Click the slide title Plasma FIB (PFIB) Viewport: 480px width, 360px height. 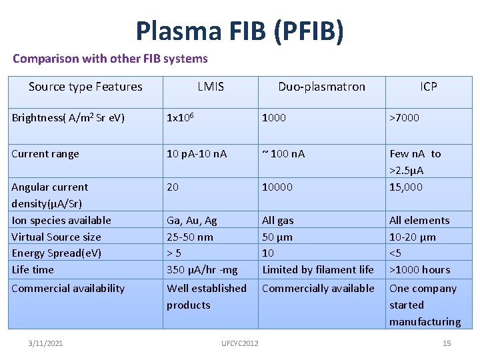coord(240,31)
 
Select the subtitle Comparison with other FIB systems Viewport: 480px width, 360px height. coord(110,59)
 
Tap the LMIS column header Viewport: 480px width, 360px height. coord(211,87)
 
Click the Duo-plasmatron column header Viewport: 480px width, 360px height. coord(321,87)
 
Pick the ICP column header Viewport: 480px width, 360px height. coord(429,87)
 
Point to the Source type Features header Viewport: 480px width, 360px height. coord(85,87)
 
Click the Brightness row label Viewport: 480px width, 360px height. coord(68,118)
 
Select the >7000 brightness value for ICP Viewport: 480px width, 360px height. coord(405,118)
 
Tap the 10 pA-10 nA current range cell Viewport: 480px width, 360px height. coord(197,154)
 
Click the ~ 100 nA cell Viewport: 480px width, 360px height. coord(283,154)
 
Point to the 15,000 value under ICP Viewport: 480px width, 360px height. coord(406,187)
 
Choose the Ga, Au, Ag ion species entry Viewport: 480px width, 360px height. coord(192,221)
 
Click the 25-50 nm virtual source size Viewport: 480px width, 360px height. coord(190,237)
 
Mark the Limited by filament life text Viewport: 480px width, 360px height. coord(318,270)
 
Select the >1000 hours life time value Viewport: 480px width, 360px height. coord(420,270)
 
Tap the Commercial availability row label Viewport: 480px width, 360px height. coord(68,289)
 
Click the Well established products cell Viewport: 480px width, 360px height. coord(207,297)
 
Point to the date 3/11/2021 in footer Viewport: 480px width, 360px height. coord(46,343)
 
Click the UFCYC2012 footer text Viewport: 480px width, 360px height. coord(240,343)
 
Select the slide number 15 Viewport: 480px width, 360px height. coord(447,343)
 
